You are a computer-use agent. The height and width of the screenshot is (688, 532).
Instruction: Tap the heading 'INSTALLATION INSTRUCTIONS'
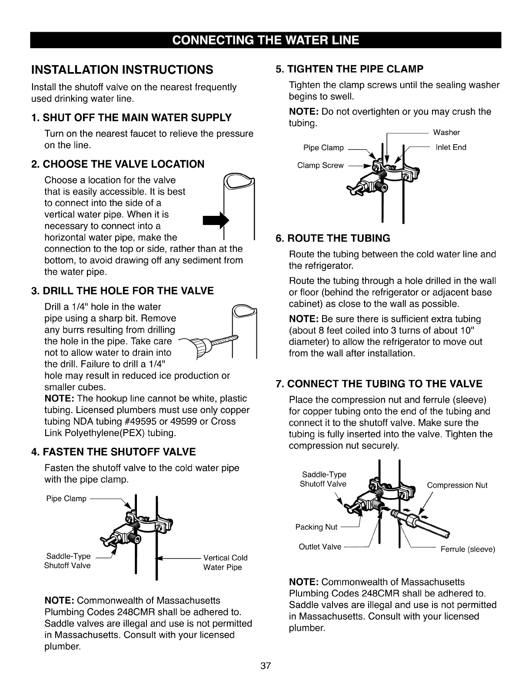(122, 69)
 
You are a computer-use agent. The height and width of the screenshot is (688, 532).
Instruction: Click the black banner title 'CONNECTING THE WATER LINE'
(266, 40)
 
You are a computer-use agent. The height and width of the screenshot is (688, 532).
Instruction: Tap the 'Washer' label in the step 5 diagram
(446, 132)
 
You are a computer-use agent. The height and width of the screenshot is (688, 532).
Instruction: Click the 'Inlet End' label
(451, 147)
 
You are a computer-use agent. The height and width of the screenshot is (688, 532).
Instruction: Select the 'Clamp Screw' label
(320, 165)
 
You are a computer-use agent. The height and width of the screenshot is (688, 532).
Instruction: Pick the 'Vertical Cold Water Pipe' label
(225, 562)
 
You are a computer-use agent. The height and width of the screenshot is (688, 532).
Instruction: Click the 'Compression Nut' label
(457, 485)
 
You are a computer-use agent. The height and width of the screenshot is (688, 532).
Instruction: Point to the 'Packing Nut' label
(316, 527)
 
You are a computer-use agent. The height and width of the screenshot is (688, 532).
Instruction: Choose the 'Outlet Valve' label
(320, 547)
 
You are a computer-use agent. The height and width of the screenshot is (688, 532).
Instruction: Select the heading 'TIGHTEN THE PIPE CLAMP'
(350, 69)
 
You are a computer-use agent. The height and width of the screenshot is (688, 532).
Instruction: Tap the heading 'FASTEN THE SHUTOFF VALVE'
(114, 452)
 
